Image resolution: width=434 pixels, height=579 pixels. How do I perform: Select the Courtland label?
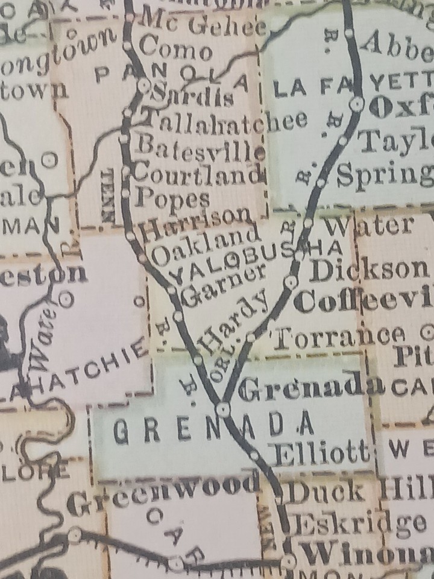pos(198,174)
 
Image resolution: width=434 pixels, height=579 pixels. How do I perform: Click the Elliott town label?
pos(320,452)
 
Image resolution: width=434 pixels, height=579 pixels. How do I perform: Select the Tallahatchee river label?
pos(224,120)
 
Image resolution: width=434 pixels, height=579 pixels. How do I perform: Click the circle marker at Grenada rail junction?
pos(224,410)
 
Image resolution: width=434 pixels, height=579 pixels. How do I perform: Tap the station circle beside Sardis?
pos(143,85)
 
